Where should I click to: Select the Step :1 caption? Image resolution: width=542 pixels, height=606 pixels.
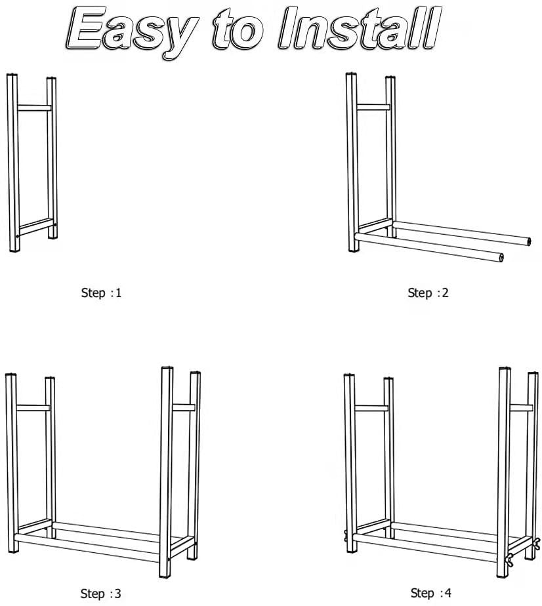tap(101, 293)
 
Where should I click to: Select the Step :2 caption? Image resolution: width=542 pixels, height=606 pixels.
tap(428, 293)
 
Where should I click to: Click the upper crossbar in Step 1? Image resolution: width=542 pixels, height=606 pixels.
tap(34, 106)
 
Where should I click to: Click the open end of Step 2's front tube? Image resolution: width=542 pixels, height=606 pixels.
tap(502, 257)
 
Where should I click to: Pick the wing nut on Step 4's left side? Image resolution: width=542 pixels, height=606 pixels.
tap(344, 536)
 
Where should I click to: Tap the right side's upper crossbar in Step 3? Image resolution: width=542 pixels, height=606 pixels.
tap(184, 408)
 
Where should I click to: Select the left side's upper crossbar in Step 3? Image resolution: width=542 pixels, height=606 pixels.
tap(33, 408)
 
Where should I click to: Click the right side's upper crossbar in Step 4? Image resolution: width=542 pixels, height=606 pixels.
tap(521, 408)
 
